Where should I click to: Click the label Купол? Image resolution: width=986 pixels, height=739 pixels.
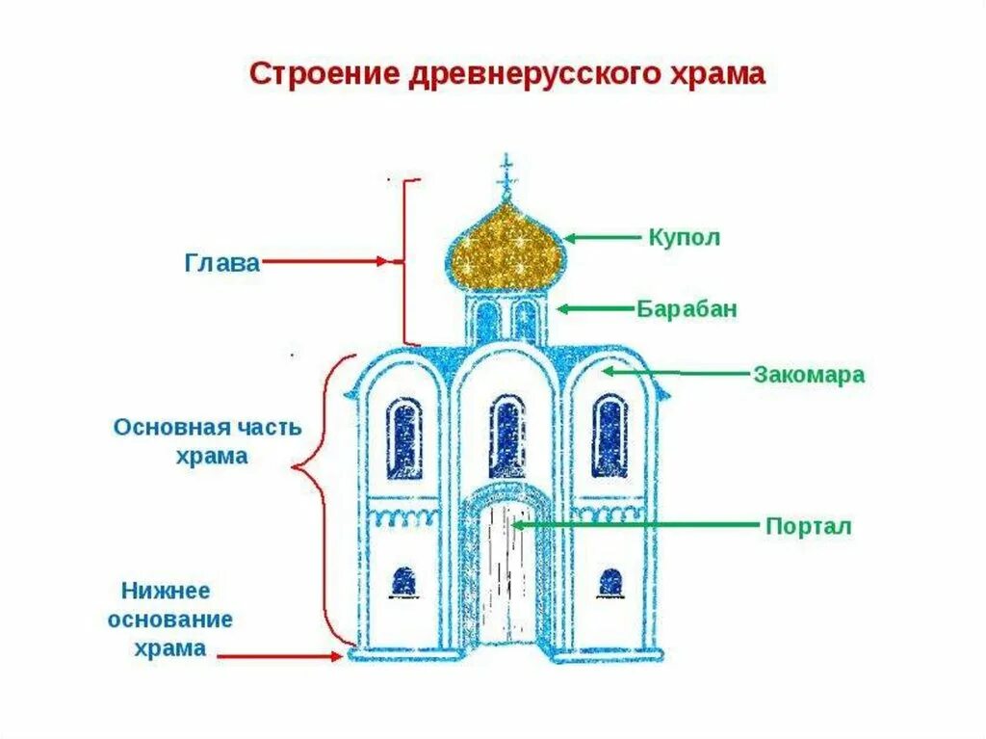click(685, 237)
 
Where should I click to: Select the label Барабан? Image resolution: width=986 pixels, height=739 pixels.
click(687, 309)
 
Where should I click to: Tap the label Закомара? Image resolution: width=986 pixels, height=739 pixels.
click(808, 375)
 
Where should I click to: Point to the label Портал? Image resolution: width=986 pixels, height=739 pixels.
click(808, 526)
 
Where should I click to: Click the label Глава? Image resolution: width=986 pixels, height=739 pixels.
click(221, 262)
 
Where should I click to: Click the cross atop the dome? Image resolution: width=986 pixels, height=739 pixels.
click(506, 176)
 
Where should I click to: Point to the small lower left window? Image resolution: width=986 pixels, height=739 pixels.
click(403, 582)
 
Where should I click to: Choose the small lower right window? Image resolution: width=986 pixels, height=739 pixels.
click(610, 582)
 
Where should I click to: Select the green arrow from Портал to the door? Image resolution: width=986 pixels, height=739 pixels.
click(636, 525)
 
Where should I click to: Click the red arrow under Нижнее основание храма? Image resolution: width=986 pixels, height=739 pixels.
click(279, 656)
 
